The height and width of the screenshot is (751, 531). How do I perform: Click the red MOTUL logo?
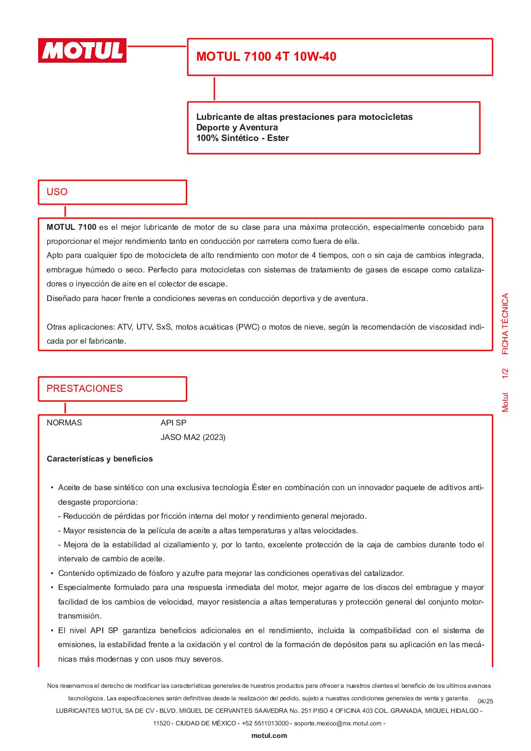(82, 51)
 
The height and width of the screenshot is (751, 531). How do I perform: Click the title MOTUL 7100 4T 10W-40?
(266, 57)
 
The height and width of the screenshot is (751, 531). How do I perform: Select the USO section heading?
(57, 192)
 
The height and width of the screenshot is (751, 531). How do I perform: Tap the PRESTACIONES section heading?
(84, 389)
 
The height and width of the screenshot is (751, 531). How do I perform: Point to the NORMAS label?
(64, 423)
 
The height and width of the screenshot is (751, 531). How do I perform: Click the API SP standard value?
(173, 423)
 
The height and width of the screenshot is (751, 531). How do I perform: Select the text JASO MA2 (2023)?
(193, 437)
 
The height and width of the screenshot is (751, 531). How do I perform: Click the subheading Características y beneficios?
(99, 459)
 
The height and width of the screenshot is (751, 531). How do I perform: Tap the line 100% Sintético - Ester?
(242, 138)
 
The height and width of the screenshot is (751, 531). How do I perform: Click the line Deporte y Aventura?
(237, 127)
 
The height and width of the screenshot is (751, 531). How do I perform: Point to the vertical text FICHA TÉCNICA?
(505, 324)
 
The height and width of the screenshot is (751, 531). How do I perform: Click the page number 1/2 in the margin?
(505, 373)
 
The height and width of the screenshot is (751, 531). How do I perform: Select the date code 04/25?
(485, 701)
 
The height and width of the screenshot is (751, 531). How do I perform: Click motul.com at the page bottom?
(269, 736)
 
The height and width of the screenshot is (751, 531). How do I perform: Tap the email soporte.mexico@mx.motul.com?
(337, 723)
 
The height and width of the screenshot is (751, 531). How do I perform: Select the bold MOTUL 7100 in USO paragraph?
(71, 227)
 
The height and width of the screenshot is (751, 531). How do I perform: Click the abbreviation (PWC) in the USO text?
(248, 327)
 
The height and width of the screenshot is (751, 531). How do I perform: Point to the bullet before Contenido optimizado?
(52, 573)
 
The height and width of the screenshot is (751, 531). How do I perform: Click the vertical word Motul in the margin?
(505, 402)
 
